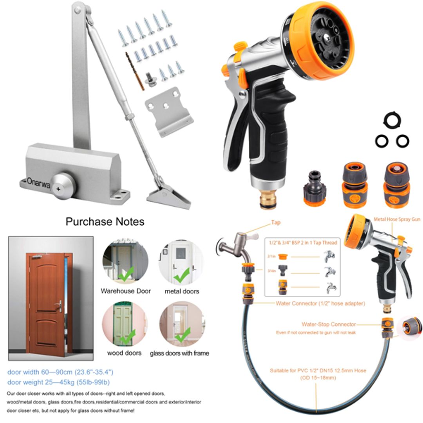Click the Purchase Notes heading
(x=105, y=222)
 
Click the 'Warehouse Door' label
(x=125, y=291)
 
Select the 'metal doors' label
(x=182, y=291)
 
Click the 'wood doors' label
(x=124, y=353)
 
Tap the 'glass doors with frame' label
(x=179, y=353)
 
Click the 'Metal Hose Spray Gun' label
(x=396, y=219)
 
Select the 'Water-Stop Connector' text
(x=328, y=324)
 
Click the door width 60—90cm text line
(x=61, y=372)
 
